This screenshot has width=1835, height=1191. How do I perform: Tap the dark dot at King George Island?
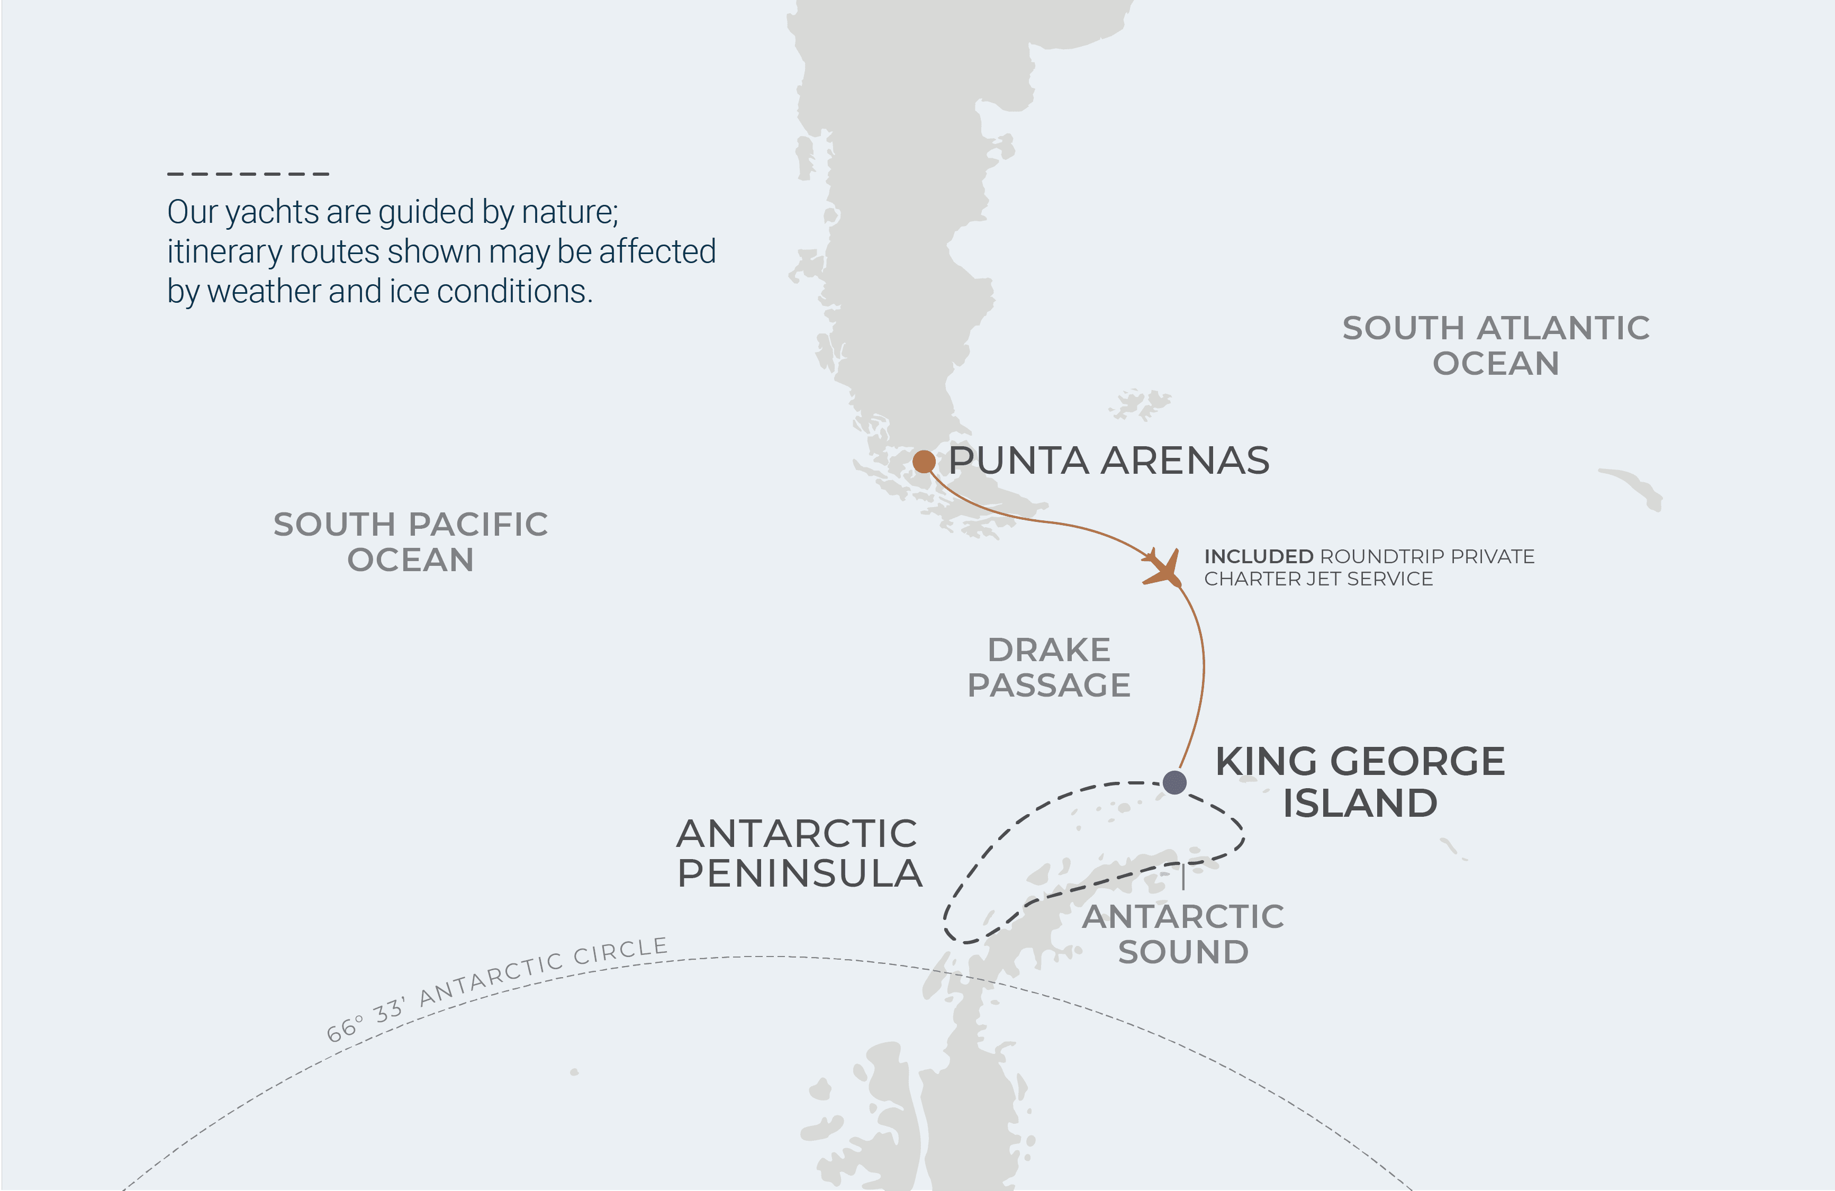click(x=1174, y=782)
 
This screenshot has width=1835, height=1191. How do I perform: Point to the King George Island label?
click(x=1360, y=782)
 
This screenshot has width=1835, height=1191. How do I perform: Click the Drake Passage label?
click(x=1048, y=667)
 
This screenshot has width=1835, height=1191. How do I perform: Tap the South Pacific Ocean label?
click(x=410, y=541)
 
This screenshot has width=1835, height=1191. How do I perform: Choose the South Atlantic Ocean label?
click(x=1496, y=345)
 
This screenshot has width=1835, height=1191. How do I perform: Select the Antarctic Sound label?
click(x=1183, y=934)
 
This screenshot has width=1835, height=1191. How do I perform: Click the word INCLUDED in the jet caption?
click(x=1258, y=556)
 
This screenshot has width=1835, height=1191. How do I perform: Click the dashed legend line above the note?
click(x=248, y=174)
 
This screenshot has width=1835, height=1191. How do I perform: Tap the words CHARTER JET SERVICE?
click(x=1318, y=579)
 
